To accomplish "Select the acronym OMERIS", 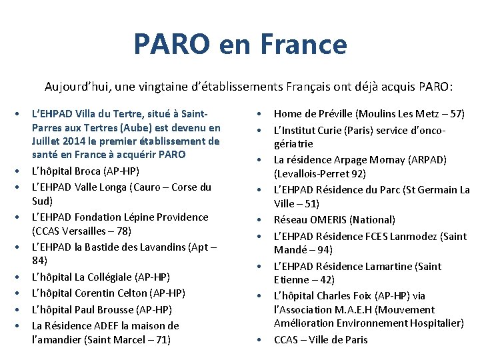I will [x=332, y=219].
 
